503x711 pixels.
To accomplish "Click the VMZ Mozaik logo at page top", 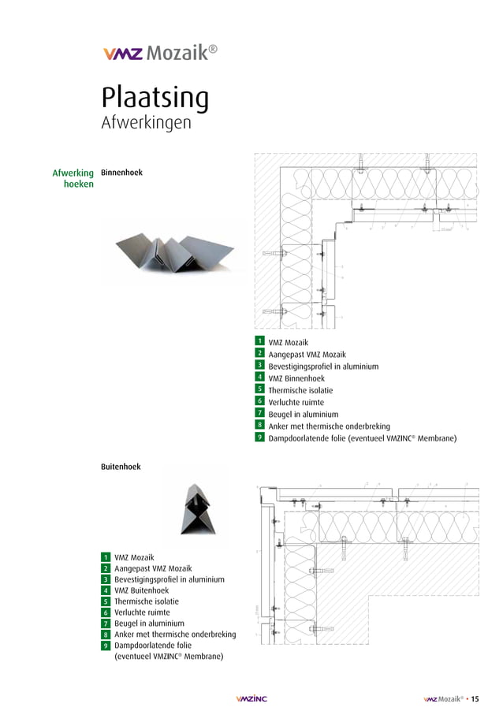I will (x=159, y=54).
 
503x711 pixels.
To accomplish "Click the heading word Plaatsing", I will (x=155, y=99).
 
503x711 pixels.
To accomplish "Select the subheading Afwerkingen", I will (x=146, y=124).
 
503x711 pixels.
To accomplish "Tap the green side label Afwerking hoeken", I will (x=73, y=178).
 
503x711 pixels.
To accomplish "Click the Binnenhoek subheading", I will (x=121, y=172).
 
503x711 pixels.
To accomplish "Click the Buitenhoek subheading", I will (x=121, y=467).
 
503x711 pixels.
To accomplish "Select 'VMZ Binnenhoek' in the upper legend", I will (x=296, y=378).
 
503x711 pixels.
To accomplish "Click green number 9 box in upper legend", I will (x=259, y=437).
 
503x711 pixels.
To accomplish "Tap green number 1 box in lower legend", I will (x=105, y=557).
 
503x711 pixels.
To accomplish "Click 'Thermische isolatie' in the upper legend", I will (x=300, y=390).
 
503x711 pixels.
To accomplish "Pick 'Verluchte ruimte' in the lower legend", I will (x=142, y=612).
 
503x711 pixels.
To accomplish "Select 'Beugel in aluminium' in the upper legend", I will (x=303, y=414).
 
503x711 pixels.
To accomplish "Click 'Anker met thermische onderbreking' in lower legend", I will (x=174, y=635).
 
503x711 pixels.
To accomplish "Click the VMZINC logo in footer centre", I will (x=251, y=698).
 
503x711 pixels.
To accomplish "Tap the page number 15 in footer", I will (x=475, y=698).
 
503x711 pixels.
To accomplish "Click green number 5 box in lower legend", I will (x=105, y=601).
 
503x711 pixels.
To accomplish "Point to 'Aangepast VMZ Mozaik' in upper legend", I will (x=307, y=355).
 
